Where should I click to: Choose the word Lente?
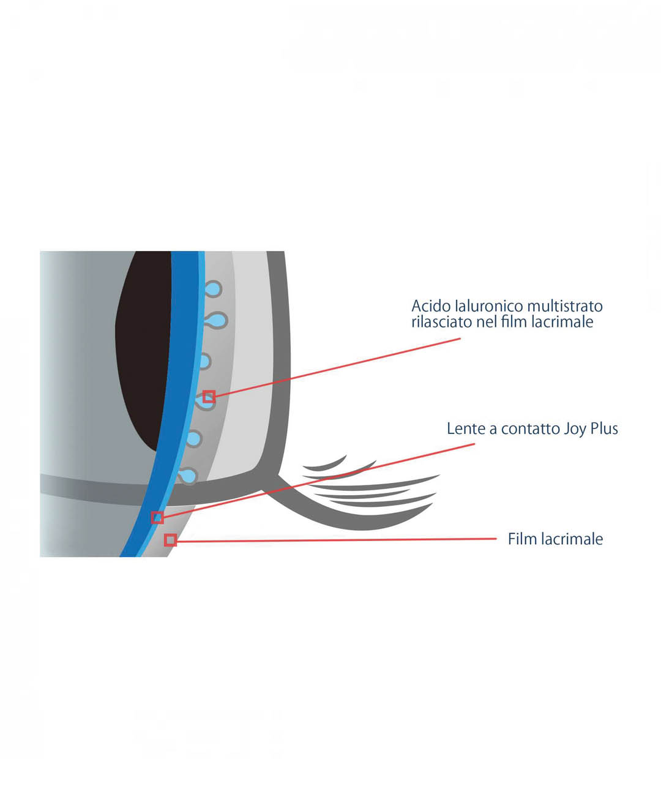pos(466,428)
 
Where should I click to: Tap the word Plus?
pos(605,428)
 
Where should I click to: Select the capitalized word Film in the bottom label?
pos(521,539)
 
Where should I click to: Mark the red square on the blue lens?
pos(158,517)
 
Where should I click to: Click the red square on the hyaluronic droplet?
pos(209,397)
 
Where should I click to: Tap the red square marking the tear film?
pos(171,540)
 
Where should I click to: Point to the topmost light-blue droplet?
pos(212,289)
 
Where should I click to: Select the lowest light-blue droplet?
pos(188,476)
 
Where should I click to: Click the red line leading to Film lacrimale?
pos(337,540)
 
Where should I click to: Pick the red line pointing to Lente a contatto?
pos(318,481)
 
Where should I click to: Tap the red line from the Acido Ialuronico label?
pos(337,367)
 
